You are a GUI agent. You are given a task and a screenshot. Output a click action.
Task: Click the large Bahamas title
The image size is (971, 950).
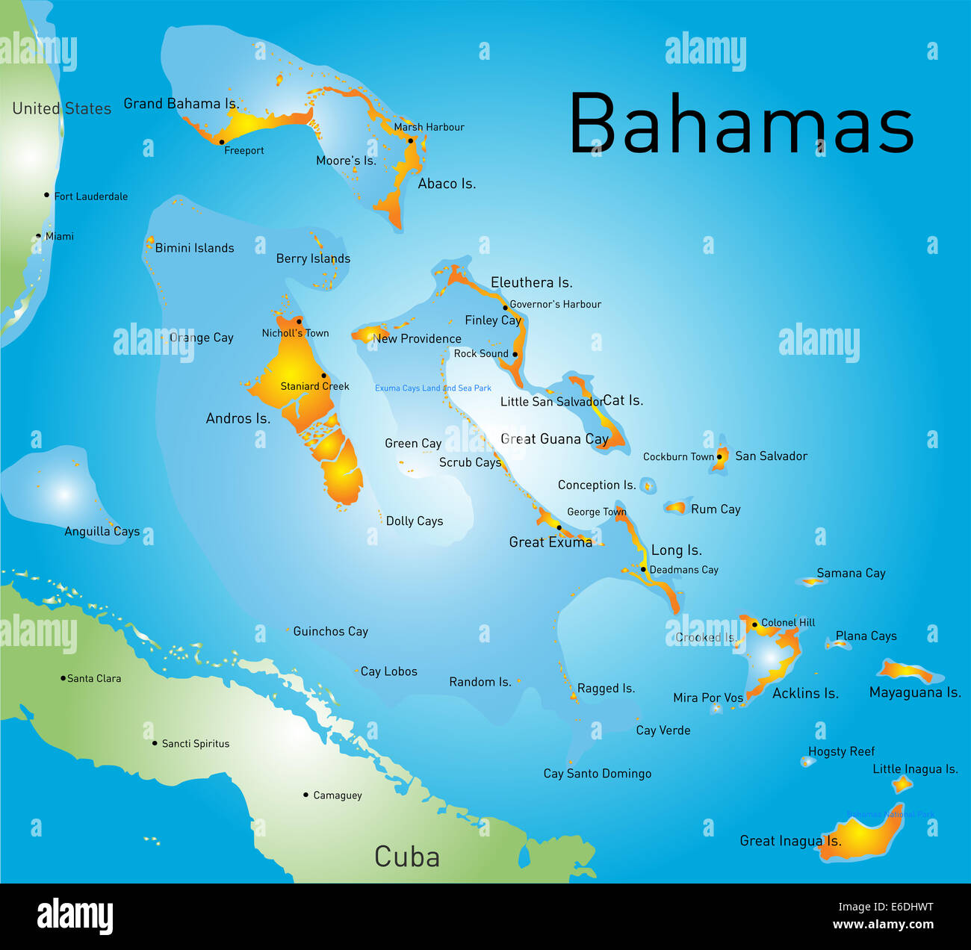click(x=741, y=124)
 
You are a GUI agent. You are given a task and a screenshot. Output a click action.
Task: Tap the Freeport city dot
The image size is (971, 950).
click(x=222, y=142)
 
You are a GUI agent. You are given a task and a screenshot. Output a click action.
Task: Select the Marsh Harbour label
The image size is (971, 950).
click(x=429, y=127)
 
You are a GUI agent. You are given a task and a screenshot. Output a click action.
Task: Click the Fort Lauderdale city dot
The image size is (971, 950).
click(x=46, y=195)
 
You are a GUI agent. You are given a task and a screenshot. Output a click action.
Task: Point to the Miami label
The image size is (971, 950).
click(x=60, y=237)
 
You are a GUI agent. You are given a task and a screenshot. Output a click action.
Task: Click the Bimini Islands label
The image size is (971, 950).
click(x=194, y=248)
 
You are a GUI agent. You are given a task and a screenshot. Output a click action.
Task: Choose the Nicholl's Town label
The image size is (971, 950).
click(x=295, y=333)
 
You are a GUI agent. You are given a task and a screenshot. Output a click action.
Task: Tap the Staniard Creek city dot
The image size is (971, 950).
click(x=323, y=376)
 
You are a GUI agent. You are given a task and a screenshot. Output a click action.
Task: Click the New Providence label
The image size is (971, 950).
click(x=417, y=338)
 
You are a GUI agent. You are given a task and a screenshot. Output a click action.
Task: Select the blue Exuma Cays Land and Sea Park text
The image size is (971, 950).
click(x=433, y=388)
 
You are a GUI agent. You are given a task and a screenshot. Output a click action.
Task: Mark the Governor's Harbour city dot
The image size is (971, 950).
click(x=505, y=307)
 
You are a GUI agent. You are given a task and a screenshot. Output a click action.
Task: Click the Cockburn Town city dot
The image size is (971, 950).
click(x=719, y=456)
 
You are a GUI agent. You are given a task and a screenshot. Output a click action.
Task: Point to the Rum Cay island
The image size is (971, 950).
click(x=676, y=508)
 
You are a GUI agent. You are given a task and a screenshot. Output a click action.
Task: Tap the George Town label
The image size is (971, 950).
click(x=596, y=512)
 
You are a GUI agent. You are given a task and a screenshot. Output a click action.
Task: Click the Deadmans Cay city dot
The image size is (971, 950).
click(x=643, y=569)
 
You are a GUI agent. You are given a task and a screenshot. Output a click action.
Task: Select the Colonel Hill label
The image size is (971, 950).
click(x=788, y=622)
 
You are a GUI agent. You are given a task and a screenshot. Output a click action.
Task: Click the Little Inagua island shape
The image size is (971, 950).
click(x=902, y=783)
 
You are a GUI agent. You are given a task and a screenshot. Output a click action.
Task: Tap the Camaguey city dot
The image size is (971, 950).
click(x=305, y=795)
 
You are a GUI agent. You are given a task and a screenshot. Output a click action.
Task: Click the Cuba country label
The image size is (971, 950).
click(x=406, y=857)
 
